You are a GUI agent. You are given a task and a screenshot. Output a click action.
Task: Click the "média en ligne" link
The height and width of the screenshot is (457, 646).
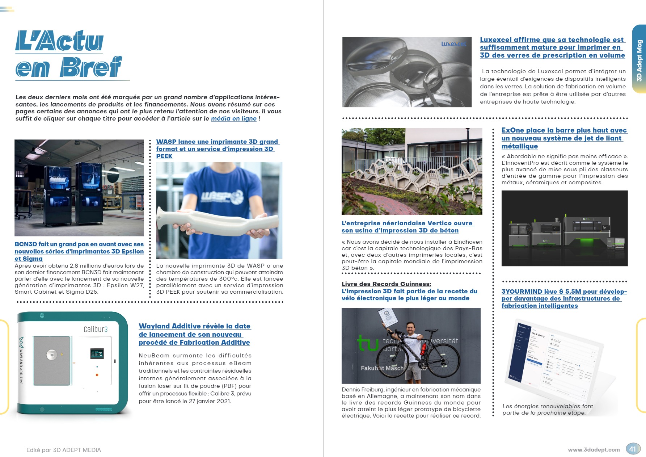point(234,118)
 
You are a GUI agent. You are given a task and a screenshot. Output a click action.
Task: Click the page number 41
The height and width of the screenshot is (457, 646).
point(632,449)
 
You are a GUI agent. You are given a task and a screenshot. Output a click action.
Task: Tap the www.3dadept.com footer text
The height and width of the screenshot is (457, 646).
point(594,450)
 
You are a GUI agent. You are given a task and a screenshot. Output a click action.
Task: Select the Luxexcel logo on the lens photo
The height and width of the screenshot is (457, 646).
point(453,44)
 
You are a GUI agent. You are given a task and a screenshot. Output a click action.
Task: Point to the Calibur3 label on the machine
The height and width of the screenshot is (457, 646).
point(96,329)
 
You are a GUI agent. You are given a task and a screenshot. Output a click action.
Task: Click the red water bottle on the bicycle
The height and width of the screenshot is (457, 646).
point(423,350)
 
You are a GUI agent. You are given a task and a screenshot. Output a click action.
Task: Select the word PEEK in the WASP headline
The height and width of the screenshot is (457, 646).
point(164,156)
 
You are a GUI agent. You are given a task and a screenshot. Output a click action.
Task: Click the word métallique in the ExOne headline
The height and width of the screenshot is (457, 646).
point(519,146)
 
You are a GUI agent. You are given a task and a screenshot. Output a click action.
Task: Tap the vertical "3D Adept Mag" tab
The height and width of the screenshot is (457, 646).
point(639,60)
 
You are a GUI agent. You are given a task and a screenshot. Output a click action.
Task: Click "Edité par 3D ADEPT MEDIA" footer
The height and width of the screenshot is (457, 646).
point(64,450)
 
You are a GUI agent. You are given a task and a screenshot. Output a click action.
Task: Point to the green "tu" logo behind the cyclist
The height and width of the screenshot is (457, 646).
point(367,343)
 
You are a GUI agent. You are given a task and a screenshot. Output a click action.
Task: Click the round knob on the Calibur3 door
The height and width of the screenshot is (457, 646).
point(52,355)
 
